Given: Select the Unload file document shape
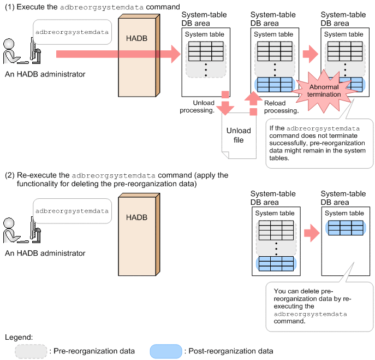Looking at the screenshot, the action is pos(239,135).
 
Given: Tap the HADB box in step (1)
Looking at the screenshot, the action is pos(139,55).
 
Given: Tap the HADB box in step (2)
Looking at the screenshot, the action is pos(139,234).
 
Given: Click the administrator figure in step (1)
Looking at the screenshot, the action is pos(22,51).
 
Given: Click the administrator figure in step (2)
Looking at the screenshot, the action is pos(22,230).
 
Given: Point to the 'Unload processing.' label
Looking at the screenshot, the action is pos(197,107).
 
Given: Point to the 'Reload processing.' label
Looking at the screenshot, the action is pos(281,107).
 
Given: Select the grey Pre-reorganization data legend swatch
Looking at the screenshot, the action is pos(31,351).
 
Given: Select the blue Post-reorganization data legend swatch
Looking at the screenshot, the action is pos(166,351).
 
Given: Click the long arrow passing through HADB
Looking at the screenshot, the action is pos(118,54).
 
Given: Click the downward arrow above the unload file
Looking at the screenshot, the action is pos(225,103).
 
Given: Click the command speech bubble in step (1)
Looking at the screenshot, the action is pos(72,32).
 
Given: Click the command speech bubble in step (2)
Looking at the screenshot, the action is pos(72,211).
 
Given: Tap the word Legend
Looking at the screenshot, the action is pos(19,337).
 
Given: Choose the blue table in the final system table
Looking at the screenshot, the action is pos(346,228).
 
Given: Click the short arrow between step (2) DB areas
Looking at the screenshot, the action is pos(312,233).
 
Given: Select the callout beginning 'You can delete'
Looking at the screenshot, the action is pos(319,306).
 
